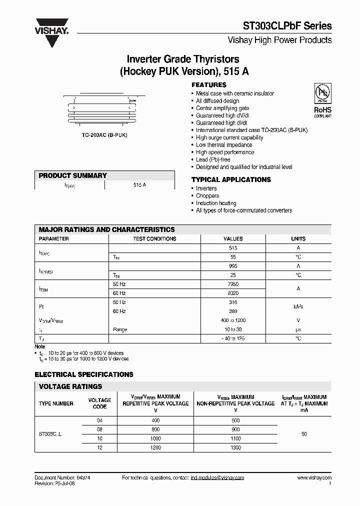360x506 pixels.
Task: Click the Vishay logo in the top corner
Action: (51, 31)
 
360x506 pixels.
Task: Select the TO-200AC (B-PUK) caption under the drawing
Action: (104, 136)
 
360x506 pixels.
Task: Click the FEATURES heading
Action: (209, 85)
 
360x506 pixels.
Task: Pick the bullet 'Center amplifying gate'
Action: (222, 108)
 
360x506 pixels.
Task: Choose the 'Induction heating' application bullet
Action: (216, 203)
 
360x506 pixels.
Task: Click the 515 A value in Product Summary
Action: (140, 185)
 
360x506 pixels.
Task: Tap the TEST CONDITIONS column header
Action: (154, 239)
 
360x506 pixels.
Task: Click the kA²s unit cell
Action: (298, 306)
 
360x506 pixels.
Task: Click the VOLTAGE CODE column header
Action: (99, 403)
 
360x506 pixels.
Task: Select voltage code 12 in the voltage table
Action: (99, 447)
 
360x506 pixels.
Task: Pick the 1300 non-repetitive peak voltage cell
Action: (235, 447)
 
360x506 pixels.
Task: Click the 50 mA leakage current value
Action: (304, 434)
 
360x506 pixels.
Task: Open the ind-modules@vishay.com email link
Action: (217, 478)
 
